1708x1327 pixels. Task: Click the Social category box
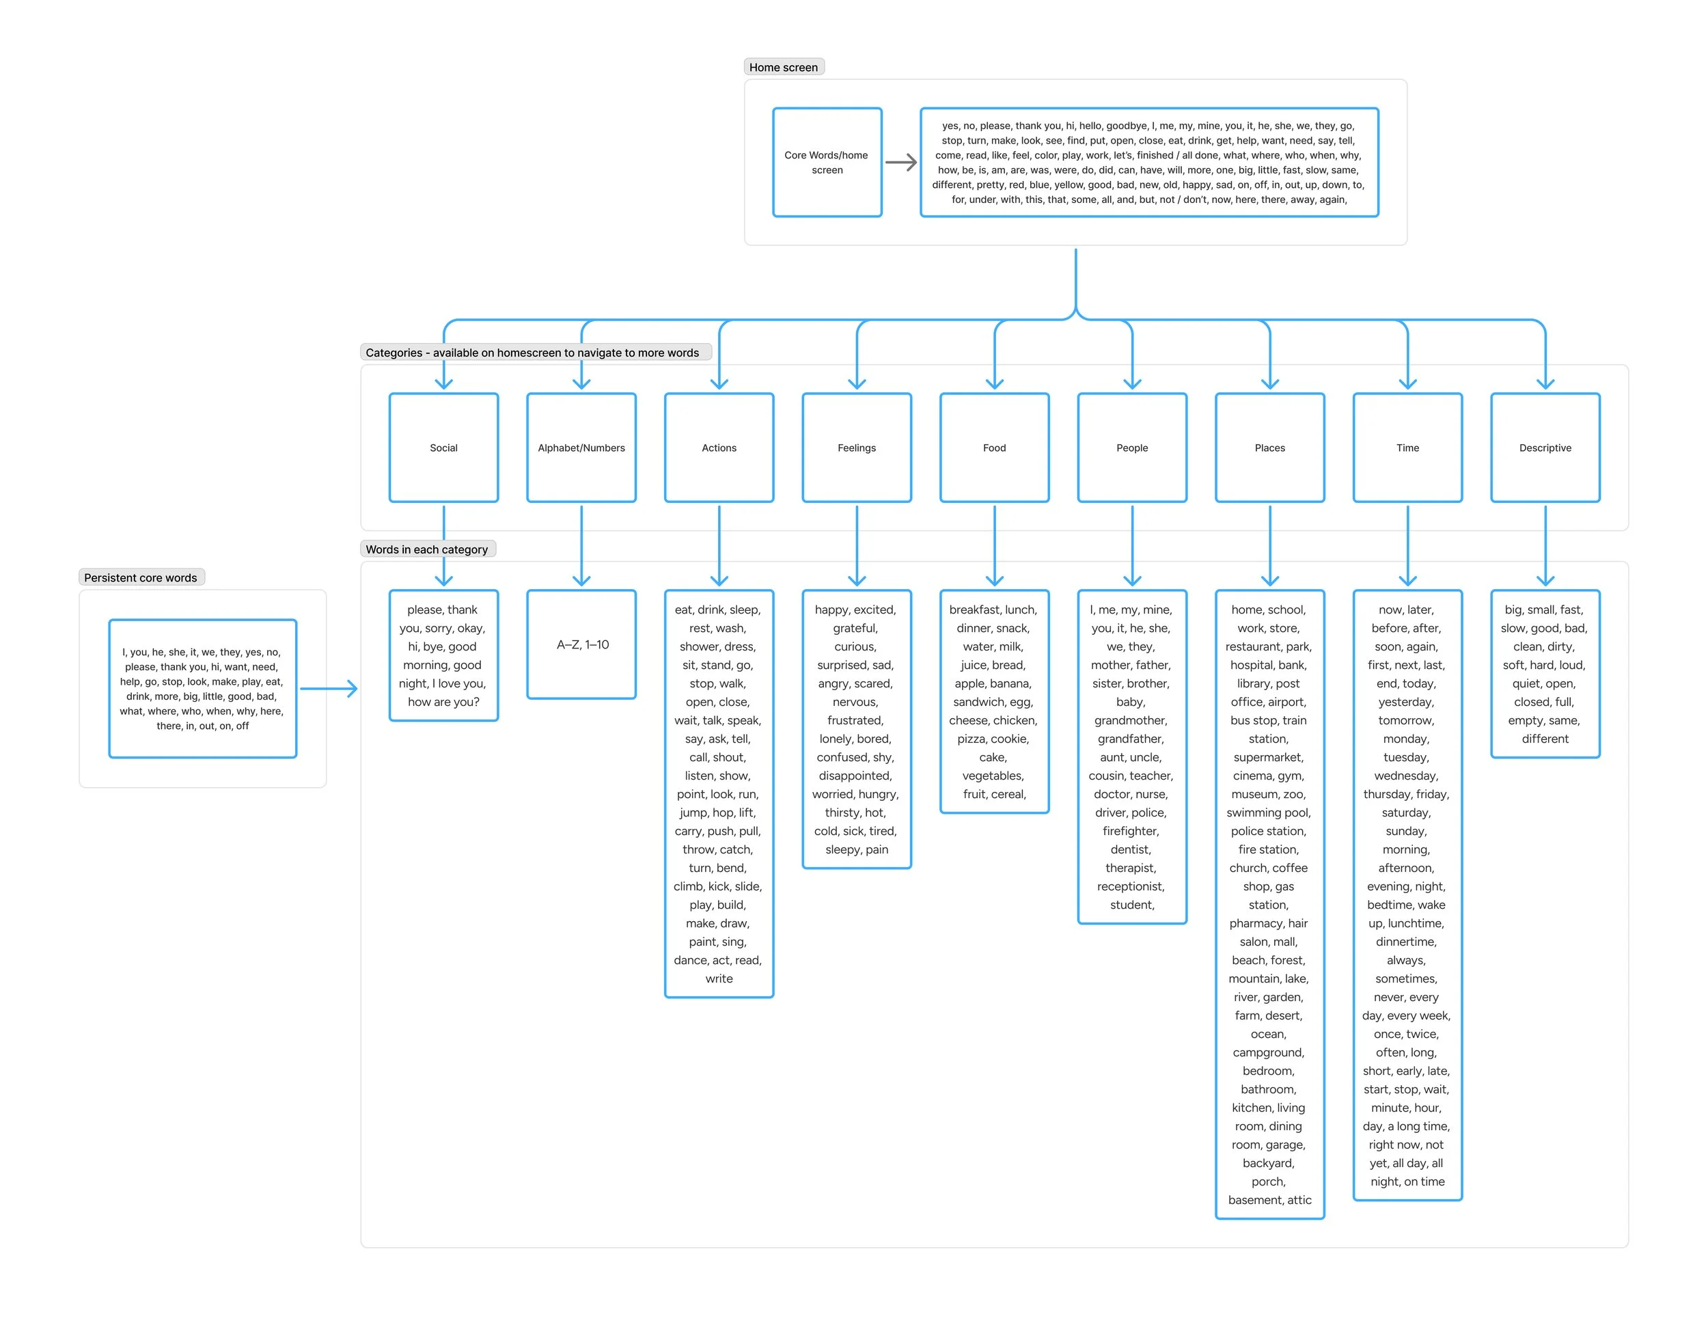[443, 448]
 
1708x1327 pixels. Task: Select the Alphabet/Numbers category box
[581, 448]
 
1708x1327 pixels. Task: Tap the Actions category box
[719, 448]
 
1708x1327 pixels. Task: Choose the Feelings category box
[856, 448]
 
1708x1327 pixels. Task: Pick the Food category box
[994, 448]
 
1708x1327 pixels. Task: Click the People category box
[1131, 448]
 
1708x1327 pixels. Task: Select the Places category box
[1269, 448]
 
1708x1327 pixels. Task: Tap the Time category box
[1407, 448]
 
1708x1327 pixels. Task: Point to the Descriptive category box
[1545, 448]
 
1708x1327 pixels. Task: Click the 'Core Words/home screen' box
[827, 162]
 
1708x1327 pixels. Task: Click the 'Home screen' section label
[783, 67]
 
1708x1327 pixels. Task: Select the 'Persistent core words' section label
[141, 578]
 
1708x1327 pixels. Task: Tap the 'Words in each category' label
[426, 549]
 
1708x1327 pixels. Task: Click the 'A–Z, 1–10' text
[583, 644]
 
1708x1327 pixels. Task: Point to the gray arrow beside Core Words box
[901, 163]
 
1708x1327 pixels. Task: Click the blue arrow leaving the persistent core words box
[329, 689]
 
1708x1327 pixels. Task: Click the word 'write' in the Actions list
[719, 979]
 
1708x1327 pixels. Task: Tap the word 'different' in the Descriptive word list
[1545, 738]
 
